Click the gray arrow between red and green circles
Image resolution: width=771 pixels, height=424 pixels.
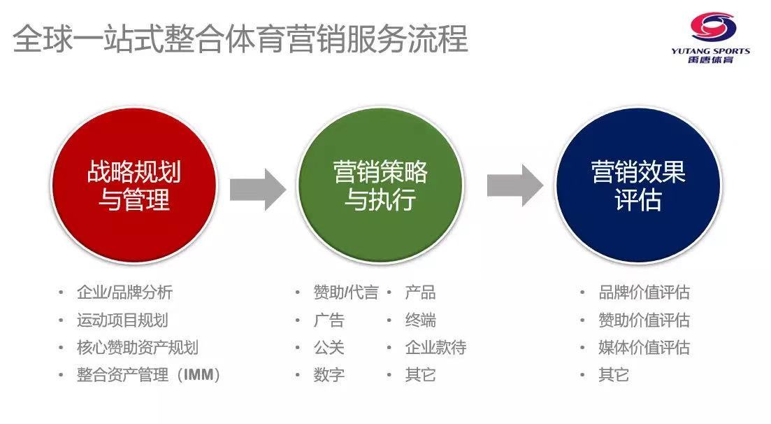(x=257, y=187)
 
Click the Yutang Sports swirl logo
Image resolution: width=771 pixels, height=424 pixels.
(x=713, y=28)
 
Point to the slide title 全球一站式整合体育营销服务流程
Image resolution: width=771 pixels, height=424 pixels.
(x=240, y=38)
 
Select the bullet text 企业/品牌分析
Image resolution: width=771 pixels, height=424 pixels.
(x=124, y=292)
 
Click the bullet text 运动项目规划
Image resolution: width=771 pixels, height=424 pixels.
(x=122, y=320)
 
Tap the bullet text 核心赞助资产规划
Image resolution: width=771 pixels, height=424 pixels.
(x=137, y=348)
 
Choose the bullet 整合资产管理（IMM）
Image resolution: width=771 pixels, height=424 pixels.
(x=149, y=375)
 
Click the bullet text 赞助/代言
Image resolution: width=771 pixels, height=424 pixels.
(x=345, y=292)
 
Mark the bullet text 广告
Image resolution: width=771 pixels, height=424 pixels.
(x=329, y=320)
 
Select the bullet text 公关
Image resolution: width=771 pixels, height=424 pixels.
(x=329, y=348)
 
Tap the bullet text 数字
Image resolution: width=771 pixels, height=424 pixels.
(x=329, y=375)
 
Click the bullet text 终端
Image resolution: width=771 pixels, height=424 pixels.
(x=420, y=320)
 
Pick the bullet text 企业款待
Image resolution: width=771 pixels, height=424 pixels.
(x=435, y=348)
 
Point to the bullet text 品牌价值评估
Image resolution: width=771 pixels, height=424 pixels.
(x=644, y=292)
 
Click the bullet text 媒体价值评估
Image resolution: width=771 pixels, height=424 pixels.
(x=644, y=348)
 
